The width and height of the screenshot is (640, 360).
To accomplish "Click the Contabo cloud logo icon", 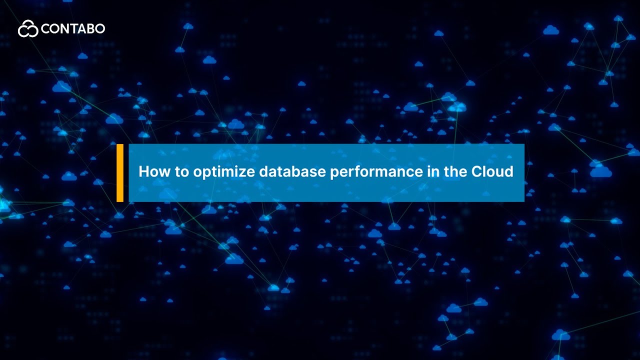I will [x=28, y=29].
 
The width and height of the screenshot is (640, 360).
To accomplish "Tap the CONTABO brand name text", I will [x=73, y=29].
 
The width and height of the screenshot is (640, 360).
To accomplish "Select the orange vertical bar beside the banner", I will [x=120, y=173].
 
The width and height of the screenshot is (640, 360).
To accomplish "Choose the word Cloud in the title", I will [x=492, y=172].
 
